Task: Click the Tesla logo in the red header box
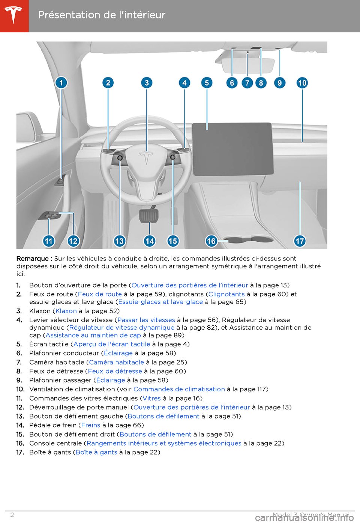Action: [14, 15]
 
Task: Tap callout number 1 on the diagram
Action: [61, 83]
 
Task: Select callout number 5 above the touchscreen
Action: [207, 83]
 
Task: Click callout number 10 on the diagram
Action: [302, 83]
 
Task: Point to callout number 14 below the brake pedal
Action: [149, 241]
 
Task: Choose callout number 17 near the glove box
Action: [300, 241]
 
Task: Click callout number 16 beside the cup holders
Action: [211, 241]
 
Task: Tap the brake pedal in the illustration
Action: [149, 215]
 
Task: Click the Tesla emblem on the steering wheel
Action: [146, 158]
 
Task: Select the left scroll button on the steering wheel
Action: [120, 158]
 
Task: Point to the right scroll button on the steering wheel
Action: [172, 157]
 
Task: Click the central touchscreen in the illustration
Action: [232, 148]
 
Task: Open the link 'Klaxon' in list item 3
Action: [66, 311]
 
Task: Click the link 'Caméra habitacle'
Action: [117, 362]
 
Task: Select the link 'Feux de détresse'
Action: [115, 371]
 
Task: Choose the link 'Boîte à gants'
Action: [96, 452]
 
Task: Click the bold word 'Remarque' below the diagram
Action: [33, 259]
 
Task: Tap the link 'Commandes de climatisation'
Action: [179, 389]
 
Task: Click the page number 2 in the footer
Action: [12, 515]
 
